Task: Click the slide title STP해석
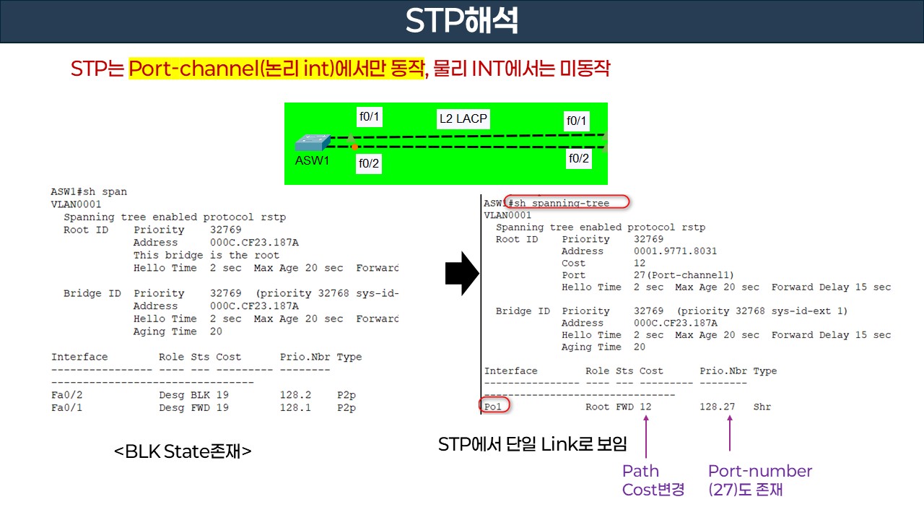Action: click(x=461, y=21)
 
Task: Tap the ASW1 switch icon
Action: click(x=313, y=142)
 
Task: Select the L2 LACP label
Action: click(x=463, y=118)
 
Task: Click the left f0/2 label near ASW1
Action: click(x=369, y=164)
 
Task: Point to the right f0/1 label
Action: click(x=577, y=121)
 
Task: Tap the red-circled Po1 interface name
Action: click(x=494, y=407)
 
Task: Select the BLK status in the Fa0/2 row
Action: click(x=199, y=395)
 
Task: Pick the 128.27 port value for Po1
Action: click(x=717, y=407)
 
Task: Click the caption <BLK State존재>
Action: click(x=183, y=452)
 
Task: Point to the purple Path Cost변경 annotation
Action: click(x=653, y=480)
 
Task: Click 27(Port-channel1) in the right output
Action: click(x=684, y=275)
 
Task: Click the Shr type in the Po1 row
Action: click(x=762, y=407)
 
